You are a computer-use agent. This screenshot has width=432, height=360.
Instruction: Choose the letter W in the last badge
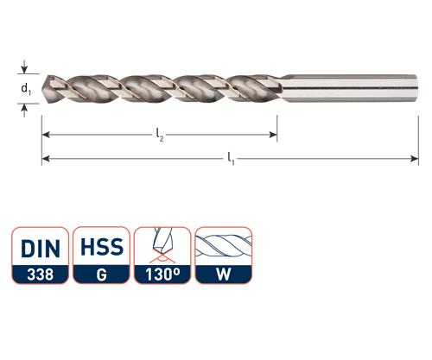(225, 276)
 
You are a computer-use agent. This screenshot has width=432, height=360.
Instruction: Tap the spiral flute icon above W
(225, 245)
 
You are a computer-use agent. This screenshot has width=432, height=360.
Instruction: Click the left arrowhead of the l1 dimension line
(46, 159)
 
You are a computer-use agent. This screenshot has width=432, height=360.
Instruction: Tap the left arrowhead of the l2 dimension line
(46, 135)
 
